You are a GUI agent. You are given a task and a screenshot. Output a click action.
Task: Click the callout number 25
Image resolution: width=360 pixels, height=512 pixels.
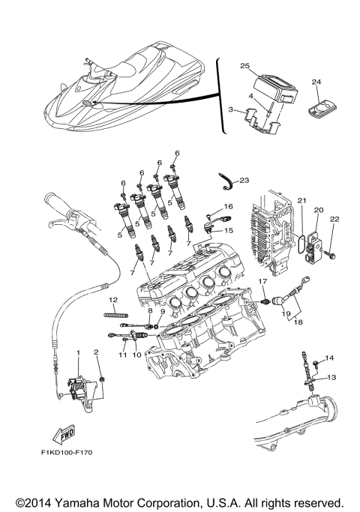pos(244,67)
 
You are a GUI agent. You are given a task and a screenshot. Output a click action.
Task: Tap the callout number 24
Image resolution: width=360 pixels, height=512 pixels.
pos(316,81)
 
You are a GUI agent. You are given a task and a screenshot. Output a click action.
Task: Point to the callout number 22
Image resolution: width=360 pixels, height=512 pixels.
pos(334,219)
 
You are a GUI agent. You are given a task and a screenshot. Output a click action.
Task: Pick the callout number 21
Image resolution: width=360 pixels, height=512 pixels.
pos(301,201)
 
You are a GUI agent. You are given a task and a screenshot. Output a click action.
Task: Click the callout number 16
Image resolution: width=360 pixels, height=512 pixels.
pos(228,205)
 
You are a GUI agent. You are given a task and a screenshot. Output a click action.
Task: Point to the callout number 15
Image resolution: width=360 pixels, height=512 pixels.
pos(228,231)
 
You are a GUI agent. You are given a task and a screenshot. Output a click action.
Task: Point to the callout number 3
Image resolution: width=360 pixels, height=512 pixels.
pos(231,110)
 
